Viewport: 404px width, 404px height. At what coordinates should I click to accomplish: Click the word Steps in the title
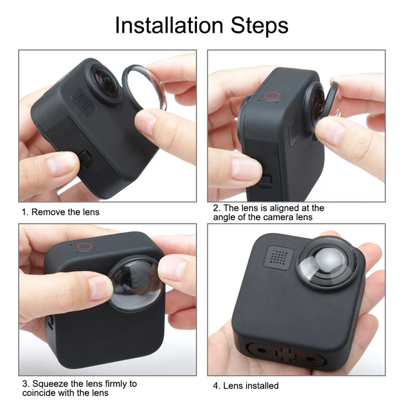260,26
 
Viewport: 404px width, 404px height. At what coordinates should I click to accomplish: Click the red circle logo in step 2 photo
272,96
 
